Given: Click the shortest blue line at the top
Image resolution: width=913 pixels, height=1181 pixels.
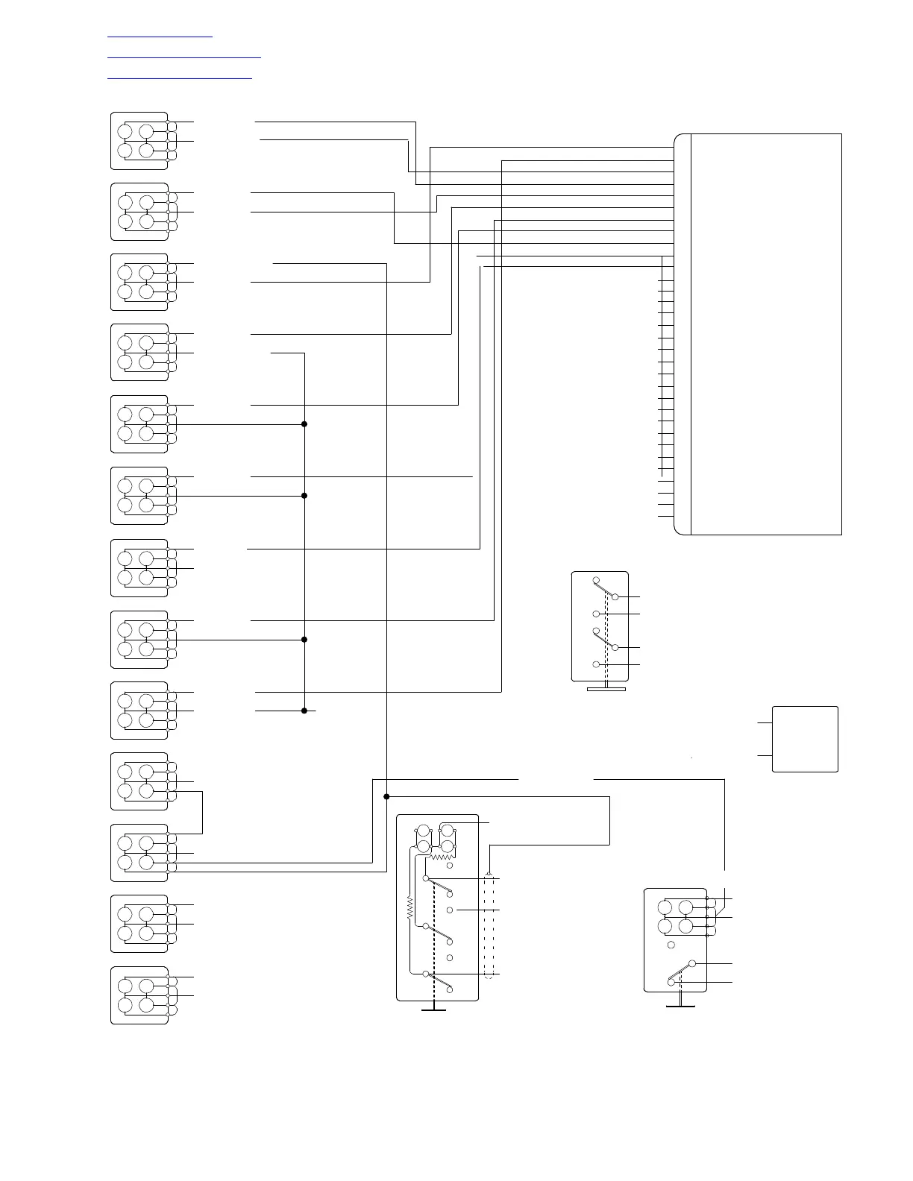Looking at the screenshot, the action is [160, 35].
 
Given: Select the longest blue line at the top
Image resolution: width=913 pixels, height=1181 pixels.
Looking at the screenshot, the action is [184, 56].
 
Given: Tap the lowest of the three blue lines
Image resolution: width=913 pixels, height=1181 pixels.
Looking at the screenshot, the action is [180, 77].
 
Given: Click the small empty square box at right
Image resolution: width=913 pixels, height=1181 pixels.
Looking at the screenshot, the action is [805, 739].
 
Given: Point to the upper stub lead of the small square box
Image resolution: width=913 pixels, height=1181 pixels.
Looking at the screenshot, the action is [765, 722].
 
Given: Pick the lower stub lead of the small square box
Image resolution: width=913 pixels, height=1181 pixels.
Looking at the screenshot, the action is [765, 755].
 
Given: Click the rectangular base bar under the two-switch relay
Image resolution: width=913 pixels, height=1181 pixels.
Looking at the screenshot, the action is [606, 689].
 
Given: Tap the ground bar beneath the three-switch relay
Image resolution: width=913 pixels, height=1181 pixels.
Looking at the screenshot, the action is [433, 1010].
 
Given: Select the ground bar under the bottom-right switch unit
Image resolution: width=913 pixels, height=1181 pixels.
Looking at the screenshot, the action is [680, 1007].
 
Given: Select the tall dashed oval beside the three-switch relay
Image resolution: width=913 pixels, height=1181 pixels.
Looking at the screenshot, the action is [489, 925].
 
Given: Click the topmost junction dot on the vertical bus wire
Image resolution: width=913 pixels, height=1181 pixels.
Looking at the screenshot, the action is [304, 424].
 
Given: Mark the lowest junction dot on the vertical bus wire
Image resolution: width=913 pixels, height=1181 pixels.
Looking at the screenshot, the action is [304, 711].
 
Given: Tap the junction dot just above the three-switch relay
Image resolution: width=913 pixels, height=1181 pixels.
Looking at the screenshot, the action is [386, 797].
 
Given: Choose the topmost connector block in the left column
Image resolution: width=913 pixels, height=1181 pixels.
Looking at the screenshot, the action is [139, 141].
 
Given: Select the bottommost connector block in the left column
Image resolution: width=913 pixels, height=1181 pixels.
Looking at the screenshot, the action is [139, 995].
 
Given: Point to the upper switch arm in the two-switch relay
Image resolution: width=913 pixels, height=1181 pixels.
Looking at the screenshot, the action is [605, 589].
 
